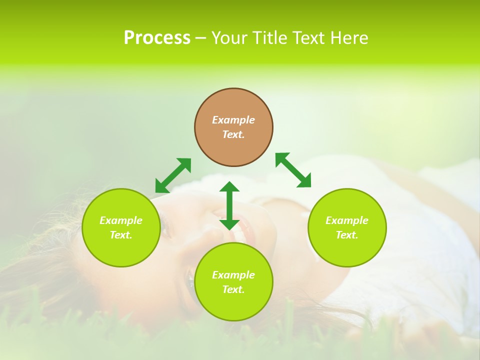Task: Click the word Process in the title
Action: [x=157, y=38]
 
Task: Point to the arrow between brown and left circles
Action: [x=173, y=175]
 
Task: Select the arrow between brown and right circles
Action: [x=293, y=170]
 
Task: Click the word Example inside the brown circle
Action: [x=233, y=120]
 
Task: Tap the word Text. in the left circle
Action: [x=121, y=235]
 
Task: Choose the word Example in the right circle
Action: [x=347, y=220]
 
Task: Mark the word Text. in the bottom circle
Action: [x=233, y=289]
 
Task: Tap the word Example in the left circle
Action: [x=121, y=220]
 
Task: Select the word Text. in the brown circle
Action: [x=233, y=134]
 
